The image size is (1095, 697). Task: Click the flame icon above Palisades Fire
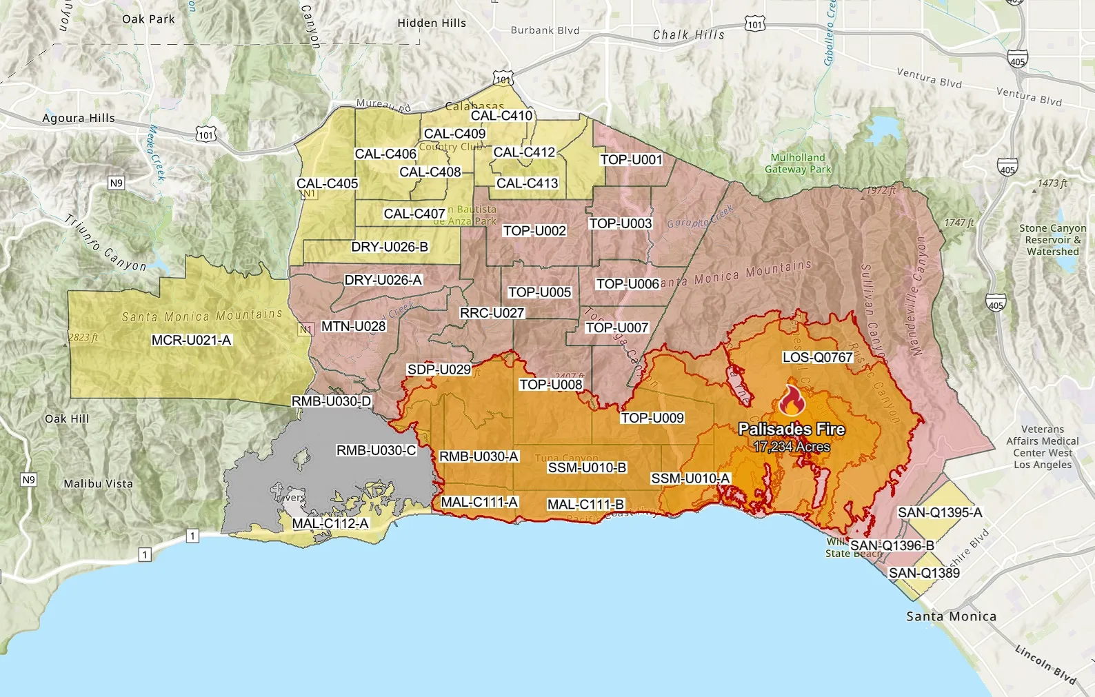click(x=792, y=401)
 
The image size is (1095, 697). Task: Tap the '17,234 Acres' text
click(x=792, y=447)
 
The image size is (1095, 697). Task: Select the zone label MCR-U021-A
click(x=192, y=340)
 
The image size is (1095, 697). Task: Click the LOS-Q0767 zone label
click(x=818, y=357)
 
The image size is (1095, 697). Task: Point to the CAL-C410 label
click(x=501, y=116)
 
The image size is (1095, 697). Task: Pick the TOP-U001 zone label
click(x=631, y=160)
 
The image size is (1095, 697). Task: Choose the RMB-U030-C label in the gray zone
click(x=376, y=450)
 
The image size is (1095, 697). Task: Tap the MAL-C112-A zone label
click(x=330, y=523)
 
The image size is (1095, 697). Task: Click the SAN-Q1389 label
click(x=924, y=573)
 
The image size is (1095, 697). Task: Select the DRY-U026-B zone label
click(x=390, y=247)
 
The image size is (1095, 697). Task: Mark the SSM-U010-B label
click(x=587, y=468)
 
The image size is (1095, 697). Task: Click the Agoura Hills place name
click(x=79, y=118)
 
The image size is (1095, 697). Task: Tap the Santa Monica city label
click(x=951, y=616)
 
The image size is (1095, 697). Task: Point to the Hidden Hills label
click(x=432, y=23)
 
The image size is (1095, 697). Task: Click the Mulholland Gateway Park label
click(x=797, y=163)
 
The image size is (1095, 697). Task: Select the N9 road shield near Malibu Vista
click(x=28, y=480)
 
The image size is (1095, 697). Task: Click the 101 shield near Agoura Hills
click(x=206, y=134)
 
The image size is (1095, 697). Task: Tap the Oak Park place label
click(x=148, y=19)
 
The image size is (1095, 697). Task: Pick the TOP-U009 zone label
click(x=652, y=418)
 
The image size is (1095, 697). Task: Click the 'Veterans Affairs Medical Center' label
click(x=1043, y=447)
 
